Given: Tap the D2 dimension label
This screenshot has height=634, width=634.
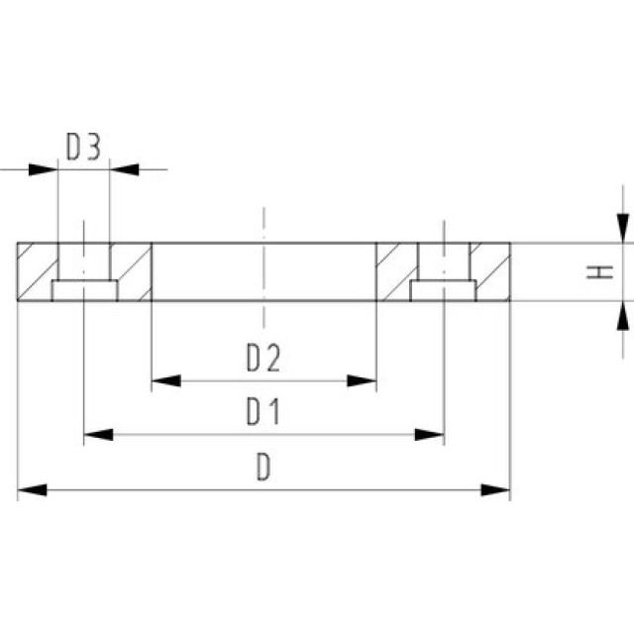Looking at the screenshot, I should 264,358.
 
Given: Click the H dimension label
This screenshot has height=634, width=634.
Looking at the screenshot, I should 597,270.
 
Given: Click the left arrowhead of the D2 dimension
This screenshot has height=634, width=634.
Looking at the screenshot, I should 164,380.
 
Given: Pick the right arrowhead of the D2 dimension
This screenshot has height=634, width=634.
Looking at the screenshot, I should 364,380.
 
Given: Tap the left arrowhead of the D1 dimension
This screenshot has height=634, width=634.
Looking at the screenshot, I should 98,434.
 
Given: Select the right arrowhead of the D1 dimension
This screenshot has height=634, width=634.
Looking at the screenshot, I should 429,434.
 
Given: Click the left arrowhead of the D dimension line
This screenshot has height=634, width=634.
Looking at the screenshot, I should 32,489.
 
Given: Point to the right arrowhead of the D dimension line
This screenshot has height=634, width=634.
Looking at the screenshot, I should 495,489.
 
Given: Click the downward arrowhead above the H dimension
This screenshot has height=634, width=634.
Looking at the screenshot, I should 622,228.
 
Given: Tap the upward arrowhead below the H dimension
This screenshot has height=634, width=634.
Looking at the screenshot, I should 622,314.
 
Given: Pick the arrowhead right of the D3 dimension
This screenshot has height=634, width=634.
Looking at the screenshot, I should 125,169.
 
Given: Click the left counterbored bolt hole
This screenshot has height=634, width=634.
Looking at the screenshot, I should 84,273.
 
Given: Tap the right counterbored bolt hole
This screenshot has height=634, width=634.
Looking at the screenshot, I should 443,273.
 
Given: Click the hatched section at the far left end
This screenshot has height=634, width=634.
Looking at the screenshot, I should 36,271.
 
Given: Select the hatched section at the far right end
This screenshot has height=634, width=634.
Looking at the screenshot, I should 493,271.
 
